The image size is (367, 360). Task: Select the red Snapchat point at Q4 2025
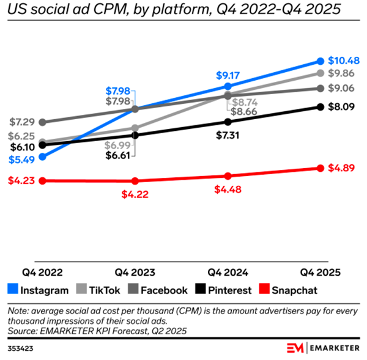click(320, 168)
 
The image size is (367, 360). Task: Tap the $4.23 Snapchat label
click(22, 180)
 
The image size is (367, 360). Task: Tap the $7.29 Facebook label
click(22, 122)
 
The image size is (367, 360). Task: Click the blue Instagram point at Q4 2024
click(228, 87)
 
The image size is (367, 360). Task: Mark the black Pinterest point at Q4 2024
click(228, 122)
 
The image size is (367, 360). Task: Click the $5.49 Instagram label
click(22, 158)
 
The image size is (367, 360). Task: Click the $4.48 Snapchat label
click(228, 189)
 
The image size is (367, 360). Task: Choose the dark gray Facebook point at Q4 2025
click(320, 88)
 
